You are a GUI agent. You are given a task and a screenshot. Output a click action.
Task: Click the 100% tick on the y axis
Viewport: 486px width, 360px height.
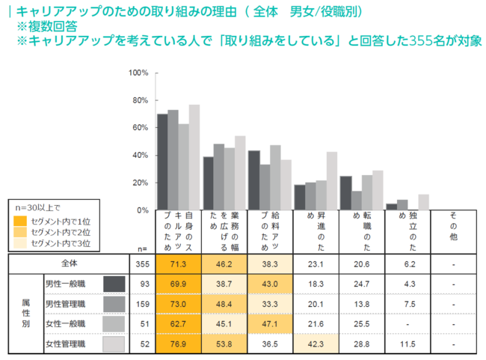(138, 73)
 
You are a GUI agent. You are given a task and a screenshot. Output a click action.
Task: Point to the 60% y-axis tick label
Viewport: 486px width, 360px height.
(140, 128)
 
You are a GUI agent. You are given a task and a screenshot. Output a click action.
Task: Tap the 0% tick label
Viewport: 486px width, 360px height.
(142, 210)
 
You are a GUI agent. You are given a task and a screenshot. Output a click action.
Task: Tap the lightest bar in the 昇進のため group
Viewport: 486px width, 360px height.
(331, 181)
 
